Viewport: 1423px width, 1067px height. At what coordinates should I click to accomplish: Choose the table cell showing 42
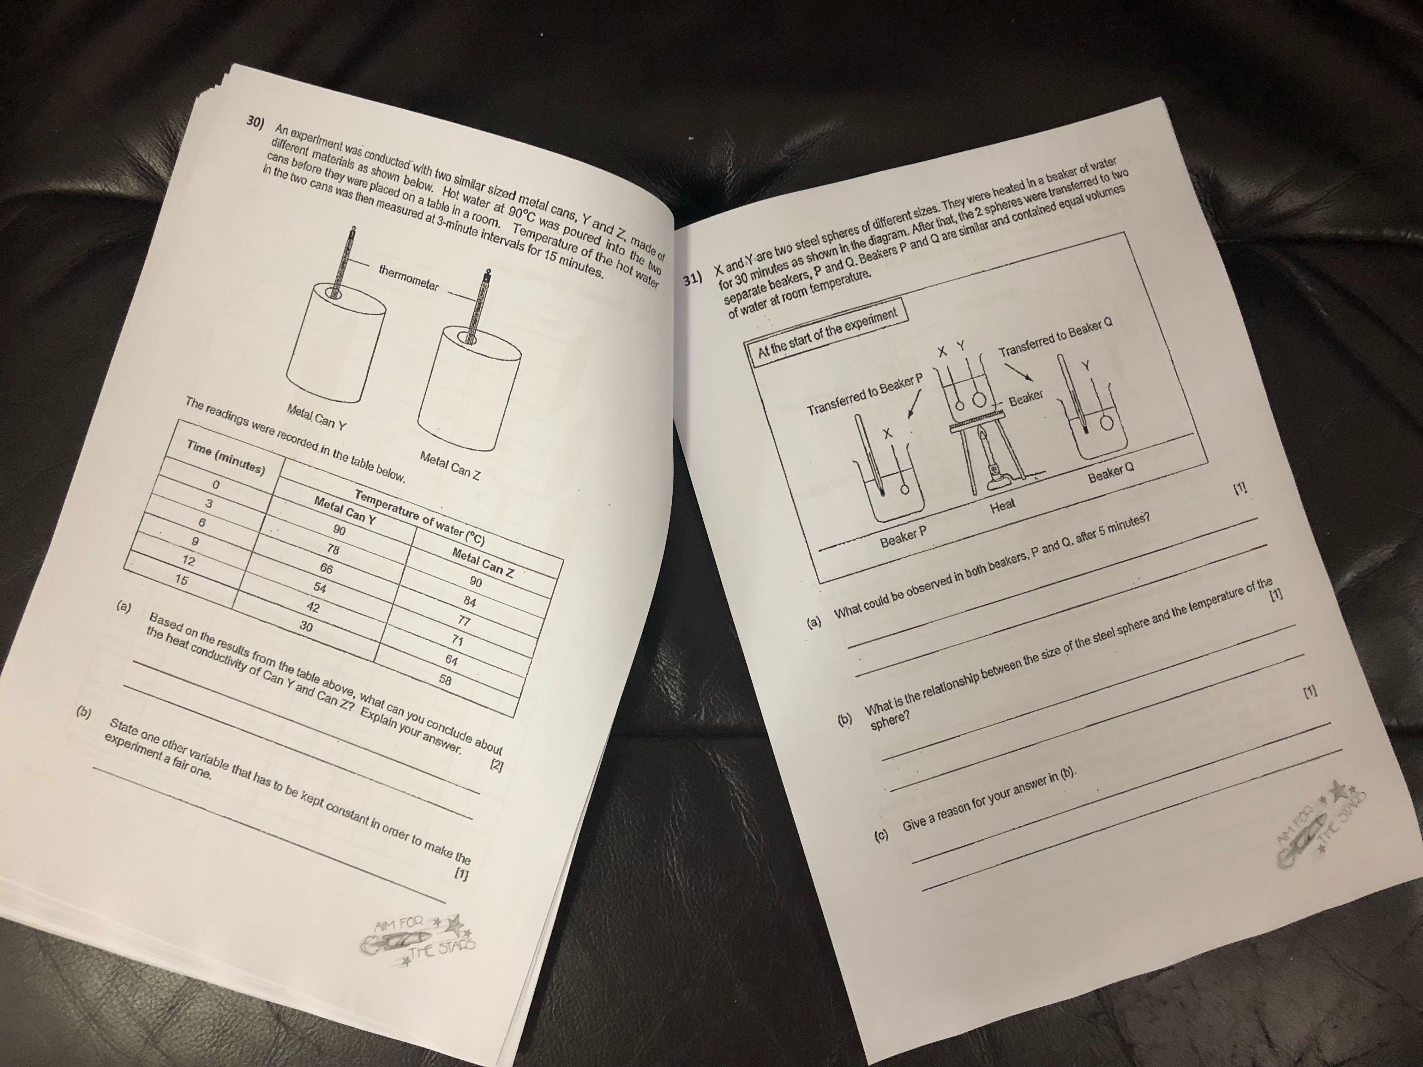(x=313, y=607)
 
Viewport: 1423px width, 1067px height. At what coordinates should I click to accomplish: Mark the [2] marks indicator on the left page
(x=496, y=766)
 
